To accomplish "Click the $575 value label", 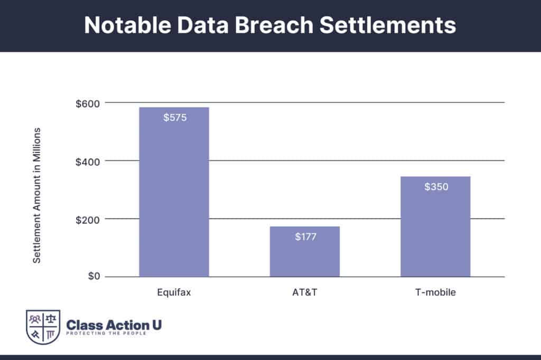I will click(x=174, y=117).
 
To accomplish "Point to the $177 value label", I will click(x=305, y=236).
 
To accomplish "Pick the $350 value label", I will click(x=436, y=186).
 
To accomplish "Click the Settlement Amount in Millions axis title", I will click(x=38, y=195).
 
